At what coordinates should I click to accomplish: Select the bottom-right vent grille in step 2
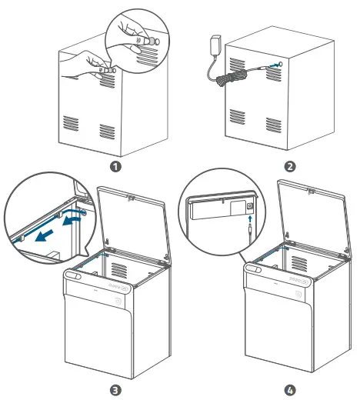[x=273, y=123]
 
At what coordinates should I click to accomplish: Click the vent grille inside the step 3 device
[x=119, y=269]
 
